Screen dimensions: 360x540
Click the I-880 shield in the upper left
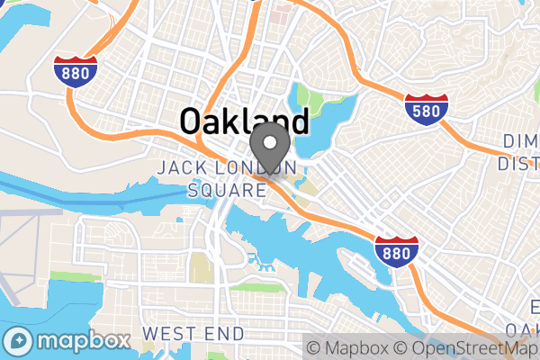coord(76,72)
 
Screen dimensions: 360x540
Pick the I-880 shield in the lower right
coord(397,251)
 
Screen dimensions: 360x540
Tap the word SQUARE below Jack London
coord(221,190)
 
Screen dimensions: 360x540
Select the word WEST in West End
coord(168,334)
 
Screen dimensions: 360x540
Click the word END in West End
coord(224,334)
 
